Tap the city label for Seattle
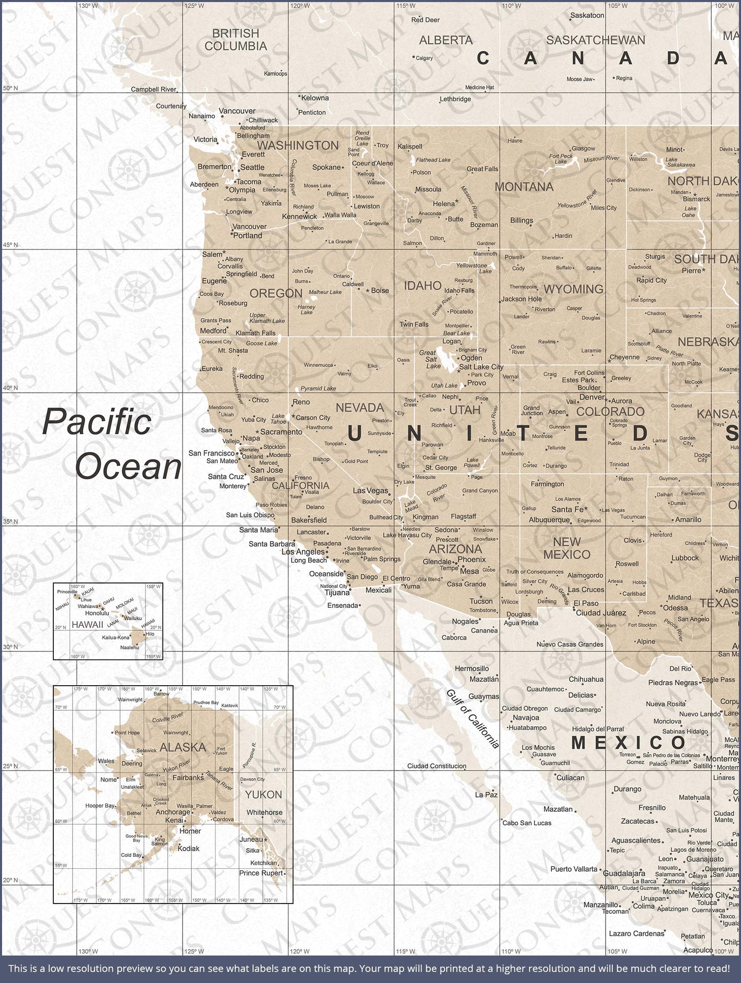tap(252, 167)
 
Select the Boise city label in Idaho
tap(379, 291)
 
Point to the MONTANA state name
tap(524, 187)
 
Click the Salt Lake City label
tap(481, 367)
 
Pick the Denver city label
tap(592, 397)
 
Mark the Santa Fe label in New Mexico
tap(567, 509)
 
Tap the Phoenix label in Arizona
tap(471, 560)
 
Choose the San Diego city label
tap(362, 577)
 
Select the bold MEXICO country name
tap(628, 743)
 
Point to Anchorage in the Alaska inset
tap(173, 812)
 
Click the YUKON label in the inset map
tap(263, 795)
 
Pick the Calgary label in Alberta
tap(424, 58)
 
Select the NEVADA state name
tap(359, 408)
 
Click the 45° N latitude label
tap(11, 245)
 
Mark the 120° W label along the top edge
tap(299, 6)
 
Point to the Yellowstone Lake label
tap(471, 268)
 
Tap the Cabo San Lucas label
tap(527, 823)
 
